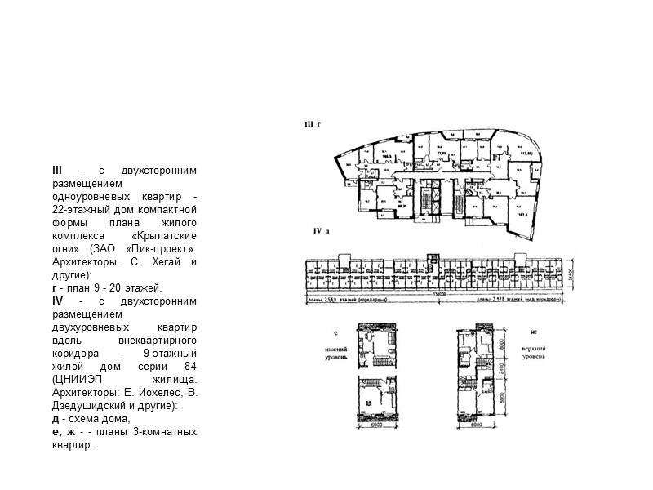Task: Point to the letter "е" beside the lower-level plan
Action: [335, 335]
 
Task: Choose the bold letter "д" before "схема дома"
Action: [54, 419]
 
